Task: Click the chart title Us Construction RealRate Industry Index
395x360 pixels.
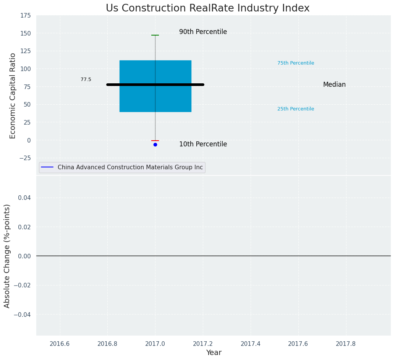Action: click(x=207, y=8)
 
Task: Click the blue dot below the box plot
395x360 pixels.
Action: click(x=155, y=144)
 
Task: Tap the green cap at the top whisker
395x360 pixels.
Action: click(x=155, y=35)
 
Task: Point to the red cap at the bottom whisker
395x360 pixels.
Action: click(x=155, y=141)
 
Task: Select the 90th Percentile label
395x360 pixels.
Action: click(x=203, y=32)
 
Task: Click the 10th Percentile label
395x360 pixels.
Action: click(x=203, y=144)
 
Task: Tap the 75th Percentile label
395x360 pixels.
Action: click(x=296, y=63)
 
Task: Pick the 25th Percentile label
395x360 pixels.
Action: click(x=296, y=109)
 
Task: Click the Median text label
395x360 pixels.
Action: click(x=334, y=85)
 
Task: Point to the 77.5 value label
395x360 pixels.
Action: click(x=86, y=79)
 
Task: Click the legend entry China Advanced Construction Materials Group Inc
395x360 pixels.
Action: click(x=130, y=167)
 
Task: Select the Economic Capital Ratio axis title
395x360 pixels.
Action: click(x=13, y=96)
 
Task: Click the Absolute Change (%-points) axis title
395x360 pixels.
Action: click(x=7, y=256)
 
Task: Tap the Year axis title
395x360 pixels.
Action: click(x=214, y=353)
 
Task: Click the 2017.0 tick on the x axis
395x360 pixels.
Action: click(x=155, y=344)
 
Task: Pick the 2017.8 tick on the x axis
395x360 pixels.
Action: click(x=346, y=344)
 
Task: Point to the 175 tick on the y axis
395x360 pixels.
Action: click(x=26, y=16)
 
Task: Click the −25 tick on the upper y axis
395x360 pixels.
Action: click(x=24, y=158)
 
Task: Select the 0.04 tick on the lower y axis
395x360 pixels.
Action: click(x=24, y=198)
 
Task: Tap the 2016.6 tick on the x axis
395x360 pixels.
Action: click(x=60, y=344)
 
